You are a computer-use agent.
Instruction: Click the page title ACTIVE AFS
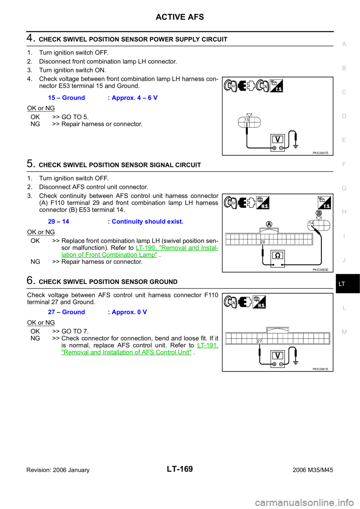click(x=180, y=17)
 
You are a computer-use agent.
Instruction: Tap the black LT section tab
click(x=348, y=284)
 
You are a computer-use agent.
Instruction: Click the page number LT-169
click(x=180, y=469)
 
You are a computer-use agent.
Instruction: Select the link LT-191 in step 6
click(x=208, y=345)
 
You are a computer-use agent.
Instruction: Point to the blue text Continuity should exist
click(x=145, y=222)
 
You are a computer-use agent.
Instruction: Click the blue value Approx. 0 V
click(x=127, y=312)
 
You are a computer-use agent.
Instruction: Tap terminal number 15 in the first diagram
click(x=247, y=120)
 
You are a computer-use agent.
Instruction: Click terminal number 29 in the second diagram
click(x=262, y=242)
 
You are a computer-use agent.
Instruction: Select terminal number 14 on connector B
click(x=311, y=223)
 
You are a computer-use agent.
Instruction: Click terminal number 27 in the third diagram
click(x=259, y=341)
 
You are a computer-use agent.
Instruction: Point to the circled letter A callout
click(x=269, y=224)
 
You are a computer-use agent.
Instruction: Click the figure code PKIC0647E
click(x=321, y=153)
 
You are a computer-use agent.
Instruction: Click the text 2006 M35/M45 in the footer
click(x=313, y=470)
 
